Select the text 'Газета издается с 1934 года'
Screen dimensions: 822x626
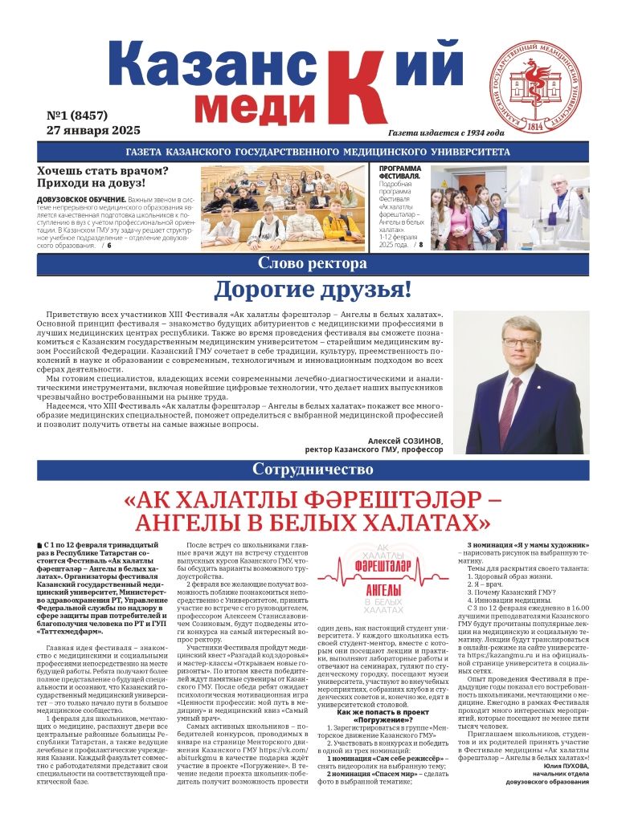(x=446, y=132)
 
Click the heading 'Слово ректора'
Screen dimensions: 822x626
(x=313, y=263)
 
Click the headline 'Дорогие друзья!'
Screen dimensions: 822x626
(x=313, y=290)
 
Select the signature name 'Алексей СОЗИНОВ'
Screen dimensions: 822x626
(x=405, y=441)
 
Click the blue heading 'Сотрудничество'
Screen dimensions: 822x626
(x=313, y=469)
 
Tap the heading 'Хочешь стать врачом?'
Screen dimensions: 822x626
(x=103, y=170)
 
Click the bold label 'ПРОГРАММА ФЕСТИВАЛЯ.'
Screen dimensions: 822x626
(x=399, y=172)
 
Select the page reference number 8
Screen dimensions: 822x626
(x=420, y=244)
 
